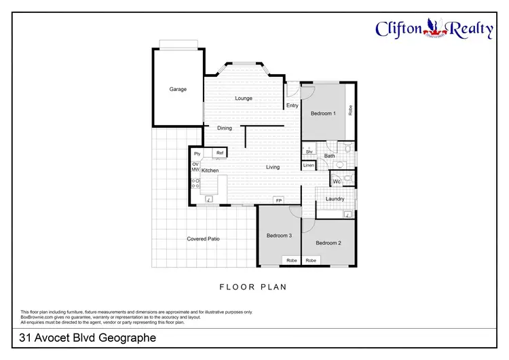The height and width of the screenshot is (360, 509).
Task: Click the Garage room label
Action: click(x=178, y=89)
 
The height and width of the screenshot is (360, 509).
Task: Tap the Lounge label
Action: click(x=244, y=98)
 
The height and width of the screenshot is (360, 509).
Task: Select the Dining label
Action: click(x=225, y=128)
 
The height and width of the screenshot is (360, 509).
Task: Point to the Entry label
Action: click(x=293, y=105)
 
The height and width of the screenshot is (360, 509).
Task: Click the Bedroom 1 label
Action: click(x=323, y=113)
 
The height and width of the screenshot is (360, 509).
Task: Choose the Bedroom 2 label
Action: click(x=328, y=242)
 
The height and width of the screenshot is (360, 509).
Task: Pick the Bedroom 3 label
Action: click(x=279, y=236)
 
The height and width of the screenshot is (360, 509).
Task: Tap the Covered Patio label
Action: click(x=203, y=238)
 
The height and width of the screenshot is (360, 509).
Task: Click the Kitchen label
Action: click(x=210, y=170)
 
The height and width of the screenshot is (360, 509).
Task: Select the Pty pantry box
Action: click(x=197, y=154)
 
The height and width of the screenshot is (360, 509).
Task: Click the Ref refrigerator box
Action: click(x=220, y=154)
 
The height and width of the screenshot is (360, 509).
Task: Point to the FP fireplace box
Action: click(x=278, y=200)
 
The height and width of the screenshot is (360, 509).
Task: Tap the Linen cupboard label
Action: click(x=309, y=165)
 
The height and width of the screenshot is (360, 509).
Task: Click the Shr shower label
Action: click(x=309, y=151)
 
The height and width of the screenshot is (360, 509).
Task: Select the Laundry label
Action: click(x=335, y=199)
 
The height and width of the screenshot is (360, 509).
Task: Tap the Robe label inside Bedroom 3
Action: click(x=291, y=260)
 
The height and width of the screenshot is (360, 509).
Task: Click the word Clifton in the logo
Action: click(x=400, y=28)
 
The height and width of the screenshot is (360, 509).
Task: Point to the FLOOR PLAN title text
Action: click(x=253, y=287)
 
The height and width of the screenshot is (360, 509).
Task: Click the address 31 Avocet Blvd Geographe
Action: click(x=88, y=338)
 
